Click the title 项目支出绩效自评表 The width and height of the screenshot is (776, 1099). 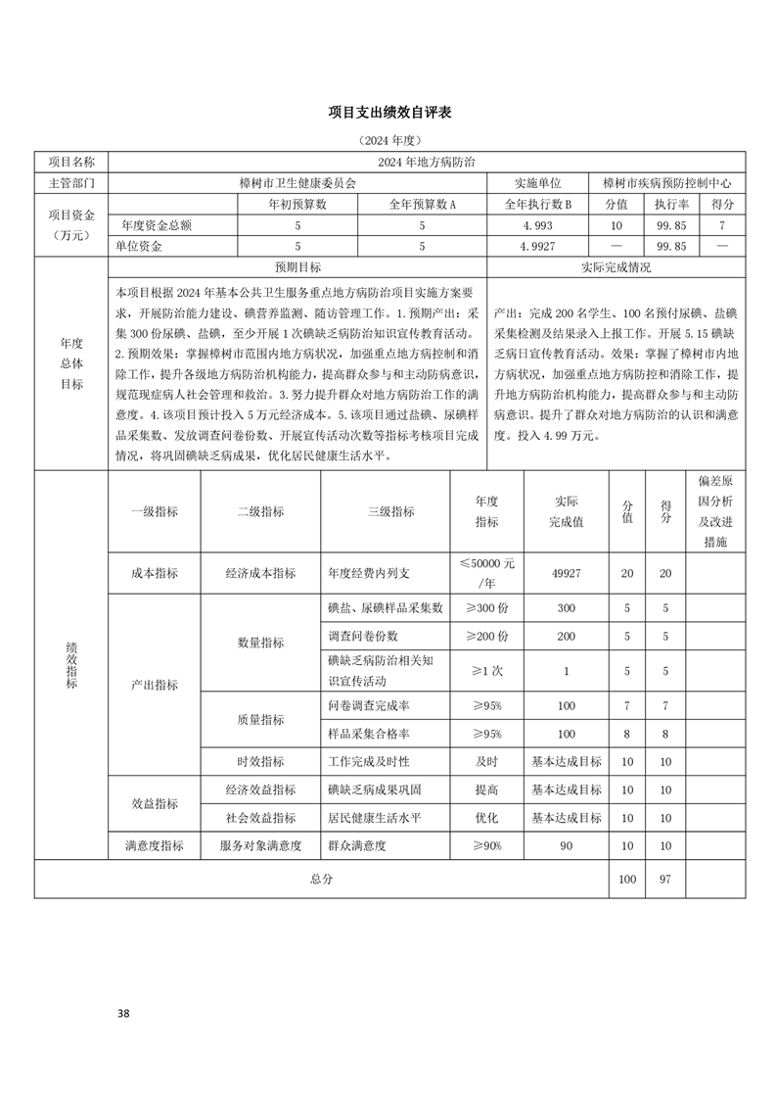pyautogui.click(x=388, y=114)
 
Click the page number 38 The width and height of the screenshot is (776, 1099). pyautogui.click(x=122, y=1012)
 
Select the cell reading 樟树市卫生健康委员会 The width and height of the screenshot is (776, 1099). pyautogui.click(x=297, y=182)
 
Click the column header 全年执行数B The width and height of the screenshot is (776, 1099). pyautogui.click(x=537, y=204)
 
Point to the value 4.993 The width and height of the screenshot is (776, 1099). pyautogui.click(x=537, y=225)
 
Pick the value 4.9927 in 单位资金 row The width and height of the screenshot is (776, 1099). pyautogui.click(x=537, y=246)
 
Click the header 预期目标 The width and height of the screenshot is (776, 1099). pyautogui.click(x=297, y=266)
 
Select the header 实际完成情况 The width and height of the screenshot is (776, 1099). pyautogui.click(x=616, y=266)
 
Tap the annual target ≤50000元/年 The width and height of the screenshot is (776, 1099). pyautogui.click(x=486, y=573)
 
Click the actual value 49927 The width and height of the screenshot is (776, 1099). pyautogui.click(x=566, y=573)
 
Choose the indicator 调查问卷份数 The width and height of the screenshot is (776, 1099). pyautogui.click(x=364, y=636)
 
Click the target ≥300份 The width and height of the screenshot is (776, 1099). pyautogui.click(x=486, y=608)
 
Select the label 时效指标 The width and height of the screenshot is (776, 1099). pyautogui.click(x=260, y=761)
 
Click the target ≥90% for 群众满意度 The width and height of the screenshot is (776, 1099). pyautogui.click(x=486, y=845)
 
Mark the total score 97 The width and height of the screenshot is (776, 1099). pyautogui.click(x=665, y=879)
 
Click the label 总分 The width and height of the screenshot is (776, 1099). pyautogui.click(x=321, y=879)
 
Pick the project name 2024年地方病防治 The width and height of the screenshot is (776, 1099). pyautogui.click(x=426, y=162)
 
